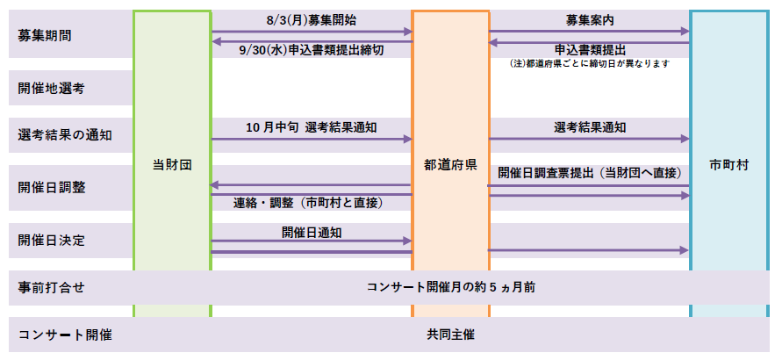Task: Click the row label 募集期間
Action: click(44, 36)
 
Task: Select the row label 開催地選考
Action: click(51, 89)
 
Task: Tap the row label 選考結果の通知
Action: click(65, 135)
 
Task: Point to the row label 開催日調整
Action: click(51, 188)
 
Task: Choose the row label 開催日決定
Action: click(51, 241)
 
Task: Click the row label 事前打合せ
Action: click(51, 288)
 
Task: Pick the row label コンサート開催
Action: click(65, 335)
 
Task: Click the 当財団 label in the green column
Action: click(172, 165)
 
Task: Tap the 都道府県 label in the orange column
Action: click(450, 165)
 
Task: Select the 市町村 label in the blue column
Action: click(728, 165)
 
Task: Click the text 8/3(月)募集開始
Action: click(312, 20)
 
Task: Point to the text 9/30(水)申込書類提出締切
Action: click(312, 50)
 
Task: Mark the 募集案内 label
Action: click(590, 20)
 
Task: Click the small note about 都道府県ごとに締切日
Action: click(589, 63)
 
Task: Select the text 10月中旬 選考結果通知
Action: click(312, 127)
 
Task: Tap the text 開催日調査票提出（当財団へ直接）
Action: click(590, 173)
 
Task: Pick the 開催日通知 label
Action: click(312, 233)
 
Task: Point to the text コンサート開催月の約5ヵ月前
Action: click(451, 287)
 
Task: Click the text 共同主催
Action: click(450, 335)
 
